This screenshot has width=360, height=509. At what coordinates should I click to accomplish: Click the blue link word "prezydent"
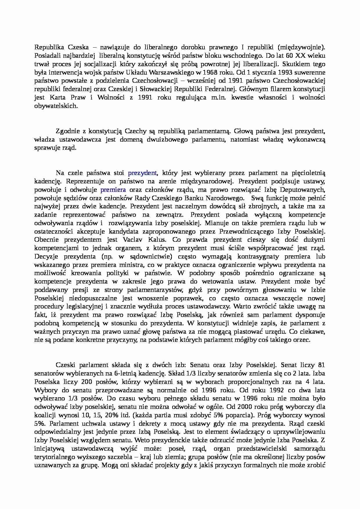142,173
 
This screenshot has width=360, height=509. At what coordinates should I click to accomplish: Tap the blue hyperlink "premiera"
113,190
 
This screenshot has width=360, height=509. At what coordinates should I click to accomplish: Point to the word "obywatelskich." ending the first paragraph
56,106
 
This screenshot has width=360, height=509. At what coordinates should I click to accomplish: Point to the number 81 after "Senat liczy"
321,365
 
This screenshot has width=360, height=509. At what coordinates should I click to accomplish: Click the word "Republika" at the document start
48,47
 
